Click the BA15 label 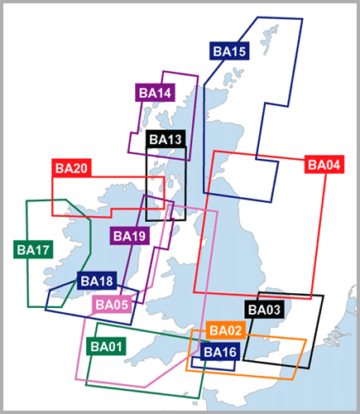(x=229, y=51)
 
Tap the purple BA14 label (x=155, y=93)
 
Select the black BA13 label (x=166, y=139)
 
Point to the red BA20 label (x=71, y=168)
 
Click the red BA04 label (x=324, y=165)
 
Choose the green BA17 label (x=33, y=249)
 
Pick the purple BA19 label (x=130, y=236)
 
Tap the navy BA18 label (x=97, y=281)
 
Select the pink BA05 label (x=112, y=305)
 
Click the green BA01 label (x=106, y=346)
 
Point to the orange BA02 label (x=226, y=330)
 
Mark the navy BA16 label (x=220, y=352)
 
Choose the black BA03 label (x=264, y=310)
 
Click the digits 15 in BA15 (x=238, y=51)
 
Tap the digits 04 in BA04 (x=333, y=165)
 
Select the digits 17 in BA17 (x=42, y=250)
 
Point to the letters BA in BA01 (x=98, y=346)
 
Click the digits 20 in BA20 (x=80, y=168)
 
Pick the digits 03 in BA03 (x=273, y=310)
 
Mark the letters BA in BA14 (x=147, y=93)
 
